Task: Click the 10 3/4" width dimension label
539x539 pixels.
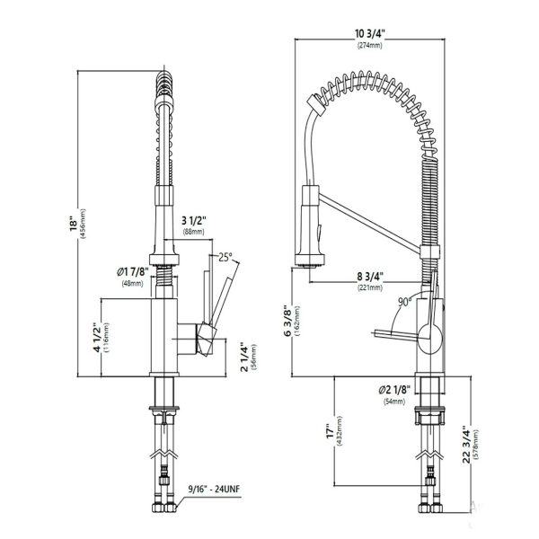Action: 369,33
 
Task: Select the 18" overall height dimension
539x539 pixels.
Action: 74,224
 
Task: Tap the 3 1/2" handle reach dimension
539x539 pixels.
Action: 193,220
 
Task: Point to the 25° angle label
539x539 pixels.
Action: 225,257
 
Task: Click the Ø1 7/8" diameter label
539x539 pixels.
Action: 133,272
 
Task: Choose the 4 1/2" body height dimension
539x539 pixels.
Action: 97,337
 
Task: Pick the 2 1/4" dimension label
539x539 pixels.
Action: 244,357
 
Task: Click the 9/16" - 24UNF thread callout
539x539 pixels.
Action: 214,489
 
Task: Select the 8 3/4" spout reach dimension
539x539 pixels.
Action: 370,276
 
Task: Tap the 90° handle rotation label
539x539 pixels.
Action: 405,302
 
